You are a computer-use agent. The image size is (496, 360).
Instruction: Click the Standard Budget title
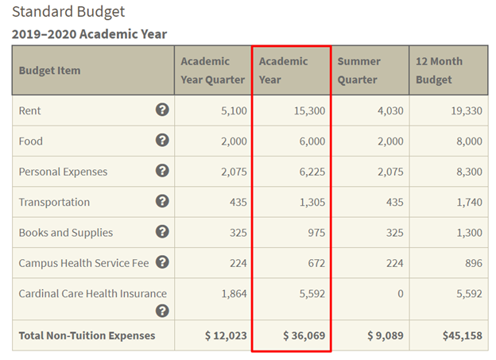click(x=68, y=12)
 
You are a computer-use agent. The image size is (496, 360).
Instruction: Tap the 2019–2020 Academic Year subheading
click(x=89, y=34)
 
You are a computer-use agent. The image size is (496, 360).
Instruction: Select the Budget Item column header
click(x=49, y=71)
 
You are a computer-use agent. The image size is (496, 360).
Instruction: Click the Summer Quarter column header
click(x=358, y=70)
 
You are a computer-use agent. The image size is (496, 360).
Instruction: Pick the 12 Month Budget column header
click(x=439, y=70)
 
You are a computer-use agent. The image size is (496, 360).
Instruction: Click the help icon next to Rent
click(x=162, y=110)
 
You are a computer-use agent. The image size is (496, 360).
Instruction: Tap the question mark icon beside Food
click(x=162, y=140)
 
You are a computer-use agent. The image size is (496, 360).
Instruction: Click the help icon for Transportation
click(x=162, y=201)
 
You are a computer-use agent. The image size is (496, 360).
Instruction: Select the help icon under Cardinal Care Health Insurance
click(x=162, y=311)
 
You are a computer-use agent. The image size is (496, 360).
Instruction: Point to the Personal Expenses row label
click(x=63, y=172)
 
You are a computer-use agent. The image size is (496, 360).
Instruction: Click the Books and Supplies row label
click(x=66, y=233)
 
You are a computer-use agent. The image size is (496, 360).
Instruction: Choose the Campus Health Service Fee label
click(x=83, y=263)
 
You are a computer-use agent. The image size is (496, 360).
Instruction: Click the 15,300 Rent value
click(x=309, y=110)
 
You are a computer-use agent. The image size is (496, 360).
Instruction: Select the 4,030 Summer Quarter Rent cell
click(x=390, y=110)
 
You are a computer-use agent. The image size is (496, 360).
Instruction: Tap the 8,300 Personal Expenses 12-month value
click(x=469, y=172)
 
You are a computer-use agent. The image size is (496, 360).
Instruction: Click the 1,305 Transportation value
click(x=312, y=202)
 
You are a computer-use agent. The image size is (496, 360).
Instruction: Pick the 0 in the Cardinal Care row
click(x=400, y=294)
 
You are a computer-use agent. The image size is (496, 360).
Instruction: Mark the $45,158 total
click(x=462, y=335)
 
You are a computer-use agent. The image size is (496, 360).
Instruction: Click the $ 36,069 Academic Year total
click(x=304, y=335)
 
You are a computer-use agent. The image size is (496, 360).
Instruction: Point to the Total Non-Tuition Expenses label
click(x=87, y=335)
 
